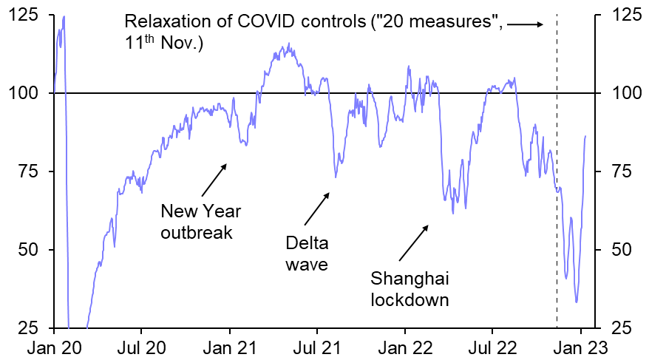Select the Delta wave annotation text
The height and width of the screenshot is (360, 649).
[306, 254]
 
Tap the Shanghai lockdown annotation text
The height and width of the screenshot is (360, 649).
[410, 289]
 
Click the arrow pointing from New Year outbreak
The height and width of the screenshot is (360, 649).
[213, 177]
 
